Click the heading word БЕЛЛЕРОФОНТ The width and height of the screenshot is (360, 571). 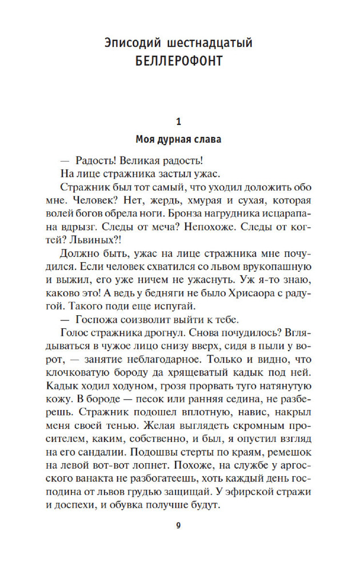coord(179,60)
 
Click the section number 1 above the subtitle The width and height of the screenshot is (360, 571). coord(179,121)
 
